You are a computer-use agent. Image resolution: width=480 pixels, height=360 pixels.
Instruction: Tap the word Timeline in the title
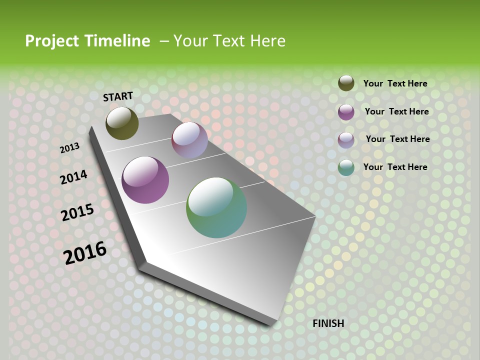(117, 41)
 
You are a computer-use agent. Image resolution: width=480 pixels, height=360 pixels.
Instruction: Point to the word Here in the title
(268, 41)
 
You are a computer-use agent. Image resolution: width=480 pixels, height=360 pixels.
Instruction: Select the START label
(118, 96)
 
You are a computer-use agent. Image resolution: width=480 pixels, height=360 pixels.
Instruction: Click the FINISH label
(328, 323)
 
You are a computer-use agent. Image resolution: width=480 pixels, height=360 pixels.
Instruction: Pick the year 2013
(70, 148)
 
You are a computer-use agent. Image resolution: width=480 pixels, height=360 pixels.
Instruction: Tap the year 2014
(74, 177)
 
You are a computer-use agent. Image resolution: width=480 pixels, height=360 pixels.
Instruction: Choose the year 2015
(77, 212)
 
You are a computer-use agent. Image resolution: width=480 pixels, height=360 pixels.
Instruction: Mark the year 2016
(85, 252)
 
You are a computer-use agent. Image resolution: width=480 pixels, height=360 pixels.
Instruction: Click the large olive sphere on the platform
(122, 123)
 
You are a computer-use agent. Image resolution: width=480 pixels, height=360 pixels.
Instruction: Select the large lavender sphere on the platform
(189, 140)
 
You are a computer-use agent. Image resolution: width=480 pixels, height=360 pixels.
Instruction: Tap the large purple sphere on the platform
(145, 180)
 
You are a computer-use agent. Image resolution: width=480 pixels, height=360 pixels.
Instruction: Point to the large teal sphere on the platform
(216, 207)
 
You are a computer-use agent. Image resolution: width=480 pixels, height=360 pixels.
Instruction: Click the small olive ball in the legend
(346, 83)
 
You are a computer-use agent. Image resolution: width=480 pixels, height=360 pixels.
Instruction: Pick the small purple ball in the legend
(346, 112)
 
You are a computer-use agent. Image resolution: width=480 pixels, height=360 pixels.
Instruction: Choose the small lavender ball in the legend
(346, 140)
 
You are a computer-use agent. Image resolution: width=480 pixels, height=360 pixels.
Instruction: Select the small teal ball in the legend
(346, 167)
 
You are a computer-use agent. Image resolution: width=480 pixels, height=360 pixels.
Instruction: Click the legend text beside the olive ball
(395, 83)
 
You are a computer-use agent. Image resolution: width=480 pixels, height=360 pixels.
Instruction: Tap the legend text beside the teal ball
(395, 167)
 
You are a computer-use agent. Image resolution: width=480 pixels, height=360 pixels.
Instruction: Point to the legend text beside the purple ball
(396, 111)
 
